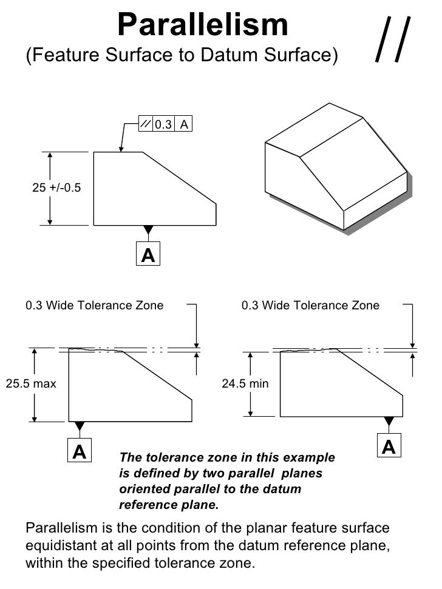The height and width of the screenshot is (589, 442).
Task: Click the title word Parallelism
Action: pyautogui.click(x=203, y=24)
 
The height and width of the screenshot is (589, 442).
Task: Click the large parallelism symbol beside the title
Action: pyautogui.click(x=393, y=39)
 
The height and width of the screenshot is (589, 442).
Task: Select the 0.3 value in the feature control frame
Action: pyautogui.click(x=163, y=124)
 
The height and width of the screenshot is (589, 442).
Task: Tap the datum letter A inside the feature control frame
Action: pyautogui.click(x=184, y=124)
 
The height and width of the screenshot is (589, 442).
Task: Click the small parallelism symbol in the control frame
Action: pyautogui.click(x=146, y=124)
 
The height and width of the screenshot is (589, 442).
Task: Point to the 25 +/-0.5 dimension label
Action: pyautogui.click(x=56, y=187)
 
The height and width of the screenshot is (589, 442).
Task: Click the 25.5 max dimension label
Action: pyautogui.click(x=31, y=383)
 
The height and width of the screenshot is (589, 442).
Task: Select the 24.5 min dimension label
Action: pyautogui.click(x=245, y=383)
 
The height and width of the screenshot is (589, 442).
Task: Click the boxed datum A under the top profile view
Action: pyautogui.click(x=148, y=254)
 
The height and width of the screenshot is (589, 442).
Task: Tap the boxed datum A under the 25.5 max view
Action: pyautogui.click(x=80, y=450)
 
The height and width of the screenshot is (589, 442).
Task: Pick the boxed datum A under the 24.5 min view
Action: pyautogui.click(x=389, y=445)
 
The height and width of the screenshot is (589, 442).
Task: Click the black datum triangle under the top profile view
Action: pyautogui.click(x=149, y=229)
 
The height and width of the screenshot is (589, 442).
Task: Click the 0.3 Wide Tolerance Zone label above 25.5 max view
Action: pyautogui.click(x=94, y=305)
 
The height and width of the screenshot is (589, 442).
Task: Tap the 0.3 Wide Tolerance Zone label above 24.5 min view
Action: pyautogui.click(x=310, y=305)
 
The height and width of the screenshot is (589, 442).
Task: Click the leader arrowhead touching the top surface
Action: pyautogui.click(x=121, y=149)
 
